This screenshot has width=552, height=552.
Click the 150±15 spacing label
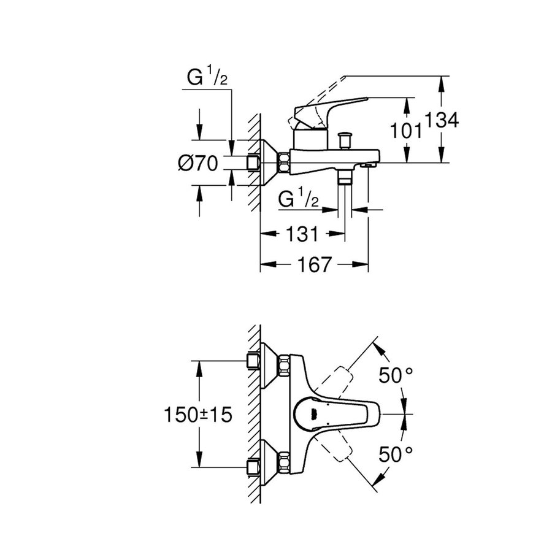pyautogui.click(x=199, y=415)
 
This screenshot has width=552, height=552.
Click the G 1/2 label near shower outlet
pyautogui.click(x=297, y=200)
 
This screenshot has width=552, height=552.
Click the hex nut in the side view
pyautogui.click(x=285, y=163)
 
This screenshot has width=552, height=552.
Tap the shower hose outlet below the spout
pyautogui.click(x=345, y=177)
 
